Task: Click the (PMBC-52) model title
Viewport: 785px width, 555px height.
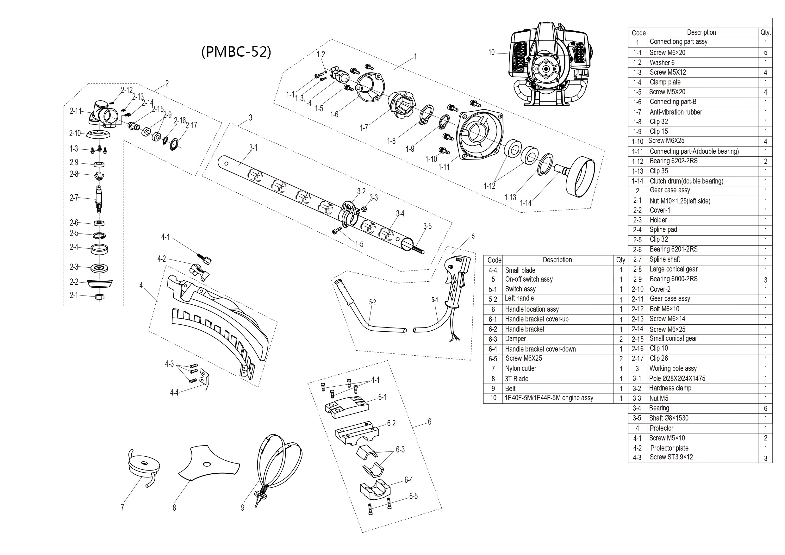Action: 236,52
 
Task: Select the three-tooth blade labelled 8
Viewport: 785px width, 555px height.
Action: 209,463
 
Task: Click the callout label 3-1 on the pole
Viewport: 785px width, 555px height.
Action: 253,148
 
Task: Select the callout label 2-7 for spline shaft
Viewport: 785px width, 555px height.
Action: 74,198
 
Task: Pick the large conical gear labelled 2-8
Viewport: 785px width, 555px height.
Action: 99,177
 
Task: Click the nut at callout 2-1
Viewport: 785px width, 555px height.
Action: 99,296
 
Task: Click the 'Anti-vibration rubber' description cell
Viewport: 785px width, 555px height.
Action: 676,112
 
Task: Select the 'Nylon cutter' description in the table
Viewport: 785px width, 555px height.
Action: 520,369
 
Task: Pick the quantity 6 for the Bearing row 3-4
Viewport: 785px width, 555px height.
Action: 765,408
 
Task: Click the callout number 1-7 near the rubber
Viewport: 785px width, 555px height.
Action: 364,128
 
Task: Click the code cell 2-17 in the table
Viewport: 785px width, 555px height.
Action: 637,359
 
